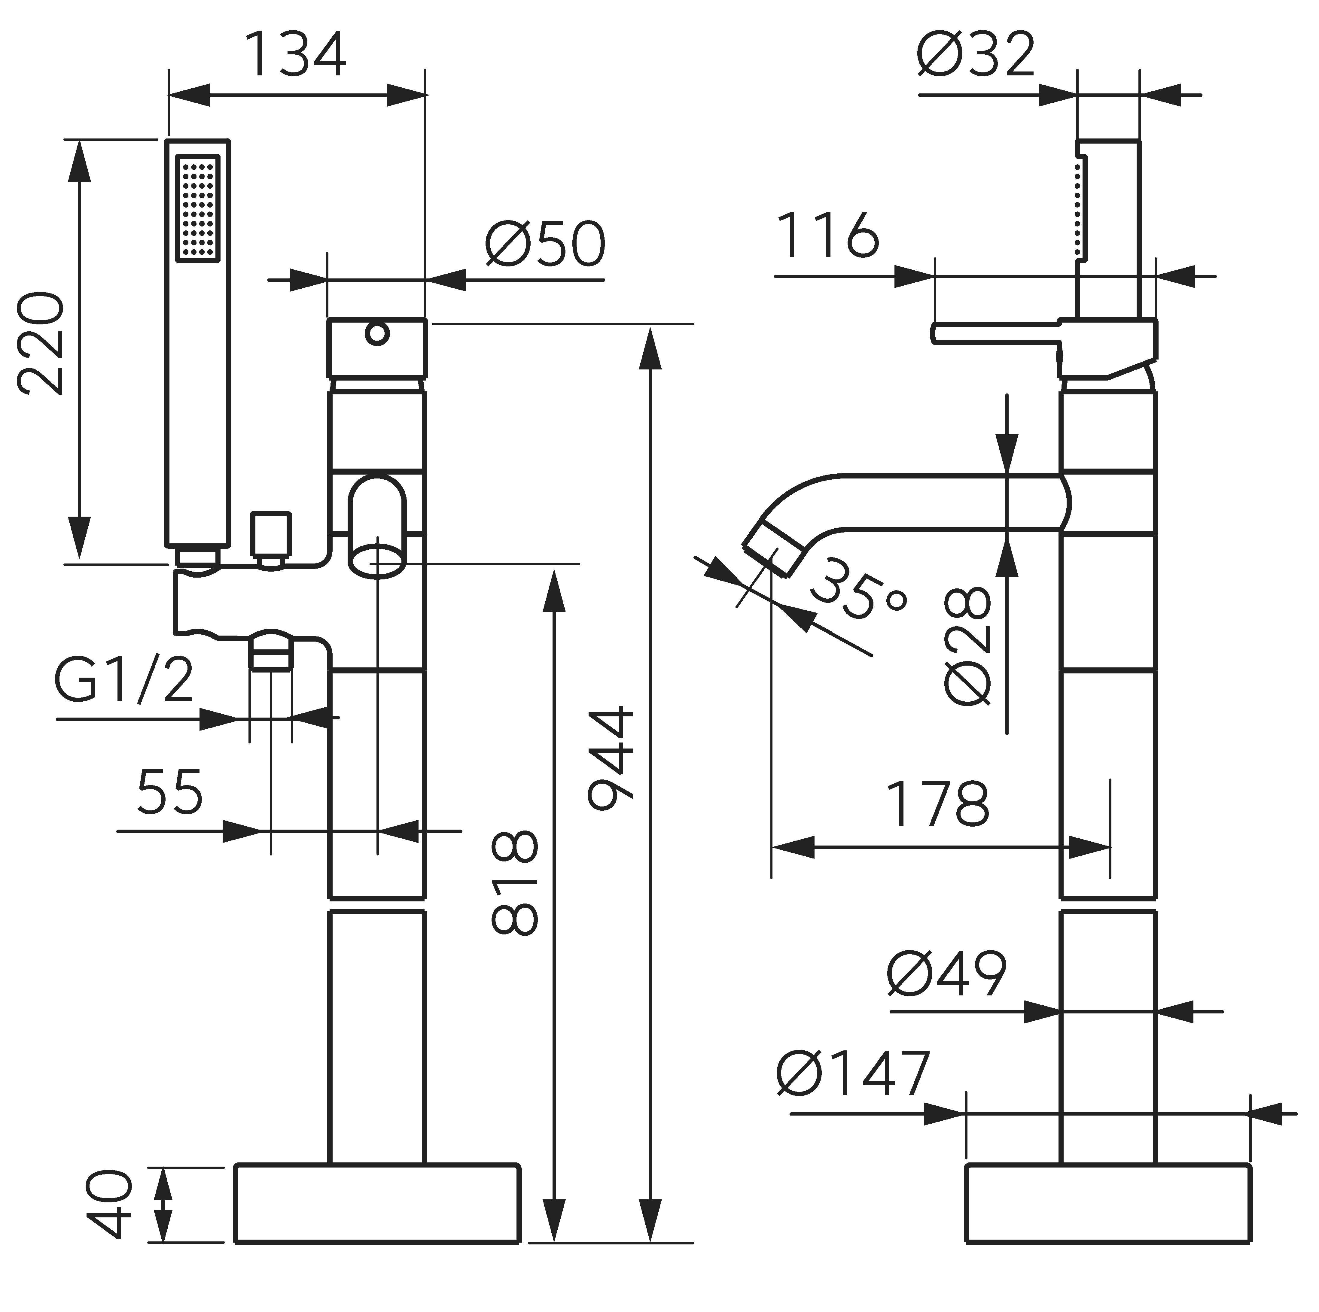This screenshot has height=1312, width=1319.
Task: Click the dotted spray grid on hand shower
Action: coord(198,208)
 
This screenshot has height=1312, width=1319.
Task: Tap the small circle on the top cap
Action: coord(377,334)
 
